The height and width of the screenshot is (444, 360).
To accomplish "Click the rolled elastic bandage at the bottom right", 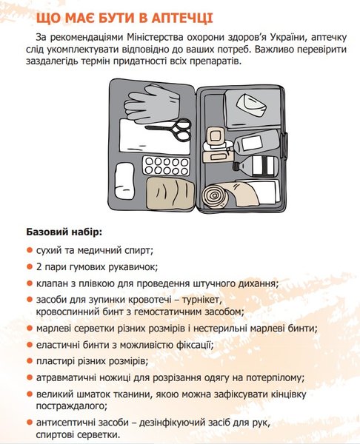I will point(222,190).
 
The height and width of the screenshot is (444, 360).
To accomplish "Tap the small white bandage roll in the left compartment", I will point(126,172).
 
